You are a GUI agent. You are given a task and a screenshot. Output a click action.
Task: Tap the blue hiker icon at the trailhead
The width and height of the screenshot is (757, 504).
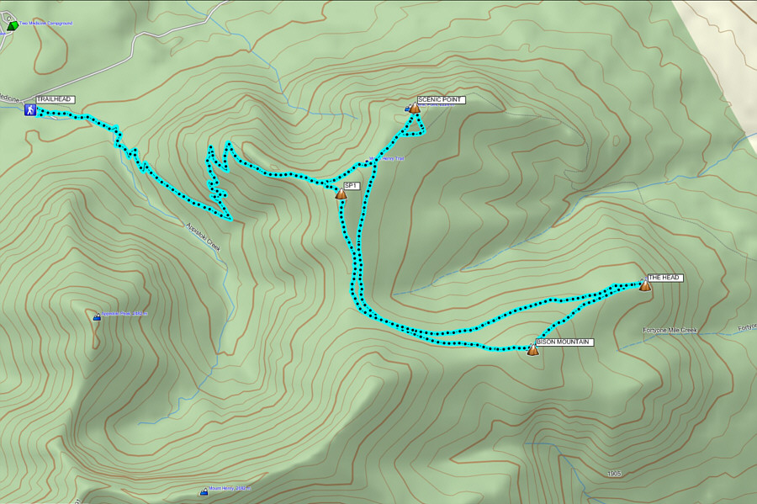pos(29,110)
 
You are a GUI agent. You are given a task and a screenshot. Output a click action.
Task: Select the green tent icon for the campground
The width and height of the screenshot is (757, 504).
pos(11,26)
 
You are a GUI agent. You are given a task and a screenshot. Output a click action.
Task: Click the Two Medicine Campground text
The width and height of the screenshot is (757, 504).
pos(45,23)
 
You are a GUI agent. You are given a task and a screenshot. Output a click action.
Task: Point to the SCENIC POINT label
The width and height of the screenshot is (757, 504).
pos(441,99)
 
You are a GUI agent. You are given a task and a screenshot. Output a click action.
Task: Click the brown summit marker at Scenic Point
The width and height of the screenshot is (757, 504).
pos(414,108)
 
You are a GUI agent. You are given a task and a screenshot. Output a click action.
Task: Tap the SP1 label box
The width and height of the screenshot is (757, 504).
pos(352,186)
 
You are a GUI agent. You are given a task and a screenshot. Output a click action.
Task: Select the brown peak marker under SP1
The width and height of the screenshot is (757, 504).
pos(341,194)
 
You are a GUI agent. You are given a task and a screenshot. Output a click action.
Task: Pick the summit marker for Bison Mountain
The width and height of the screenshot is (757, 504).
pos(532,351)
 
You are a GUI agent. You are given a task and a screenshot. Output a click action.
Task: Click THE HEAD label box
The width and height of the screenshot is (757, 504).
pos(664,277)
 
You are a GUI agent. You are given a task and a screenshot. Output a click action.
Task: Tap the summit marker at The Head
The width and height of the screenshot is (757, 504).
pos(644,286)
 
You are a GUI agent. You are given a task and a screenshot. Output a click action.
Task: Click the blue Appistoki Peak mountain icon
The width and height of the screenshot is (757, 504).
pos(97,317)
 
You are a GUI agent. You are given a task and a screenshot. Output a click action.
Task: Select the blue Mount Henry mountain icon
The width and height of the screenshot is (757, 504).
pos(204,491)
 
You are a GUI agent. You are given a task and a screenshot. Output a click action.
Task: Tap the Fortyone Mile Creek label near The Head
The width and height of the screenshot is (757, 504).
pos(670,331)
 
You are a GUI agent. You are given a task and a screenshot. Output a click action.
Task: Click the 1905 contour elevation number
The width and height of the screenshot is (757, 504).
pos(614,474)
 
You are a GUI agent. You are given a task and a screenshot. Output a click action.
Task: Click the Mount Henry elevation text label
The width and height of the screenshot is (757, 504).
pos(230,488)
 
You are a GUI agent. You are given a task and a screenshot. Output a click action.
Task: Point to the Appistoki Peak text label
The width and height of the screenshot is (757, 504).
pos(124,314)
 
